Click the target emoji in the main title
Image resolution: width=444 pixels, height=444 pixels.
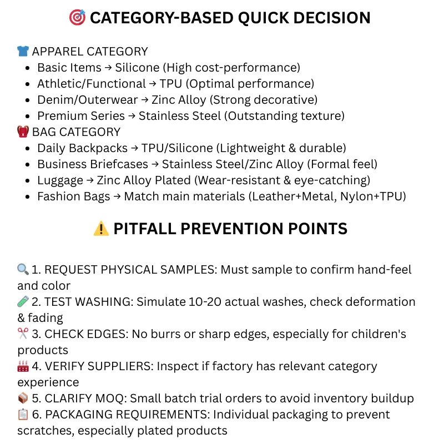[x=78, y=18]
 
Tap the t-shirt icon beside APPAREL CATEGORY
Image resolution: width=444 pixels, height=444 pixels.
[x=23, y=52]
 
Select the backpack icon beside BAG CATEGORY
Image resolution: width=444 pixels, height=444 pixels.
[x=23, y=132]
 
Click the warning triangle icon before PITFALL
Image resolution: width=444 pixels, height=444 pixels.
[x=101, y=229]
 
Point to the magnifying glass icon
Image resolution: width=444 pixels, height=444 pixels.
[x=23, y=270]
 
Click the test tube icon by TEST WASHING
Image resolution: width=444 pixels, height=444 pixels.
[x=23, y=302]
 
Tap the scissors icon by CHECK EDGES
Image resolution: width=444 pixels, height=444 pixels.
[x=23, y=334]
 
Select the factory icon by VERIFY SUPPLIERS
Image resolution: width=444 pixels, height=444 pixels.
[x=23, y=366]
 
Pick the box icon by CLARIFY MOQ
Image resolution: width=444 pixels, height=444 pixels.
[x=23, y=398]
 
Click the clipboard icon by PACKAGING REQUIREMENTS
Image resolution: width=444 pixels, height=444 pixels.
[x=23, y=415]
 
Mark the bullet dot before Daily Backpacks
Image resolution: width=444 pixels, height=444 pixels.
[x=28, y=149]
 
